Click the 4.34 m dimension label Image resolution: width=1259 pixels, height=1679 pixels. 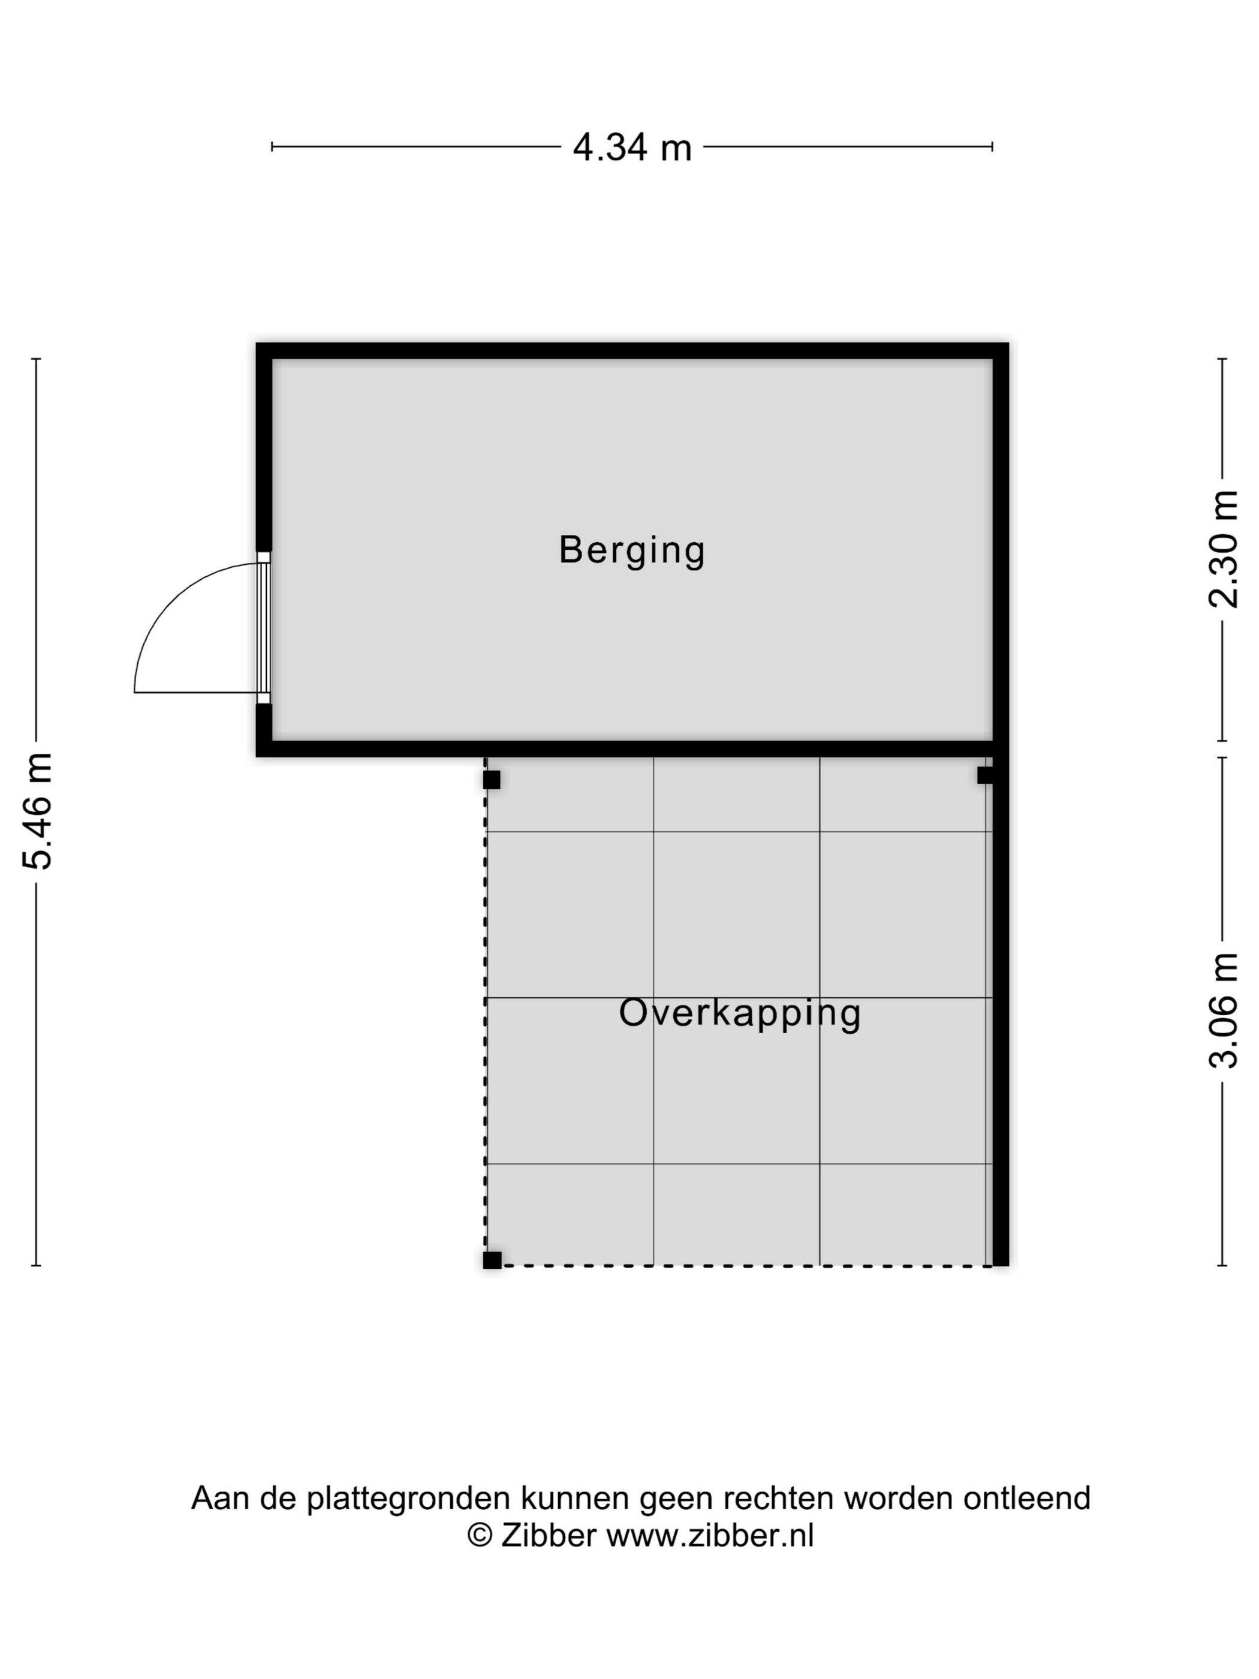[x=631, y=148]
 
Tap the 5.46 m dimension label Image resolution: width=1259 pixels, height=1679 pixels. [x=37, y=811]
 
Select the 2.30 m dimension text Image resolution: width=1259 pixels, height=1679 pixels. [x=1222, y=549]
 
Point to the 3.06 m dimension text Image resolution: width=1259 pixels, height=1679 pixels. [x=1222, y=1010]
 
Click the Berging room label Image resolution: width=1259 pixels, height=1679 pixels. [x=631, y=550]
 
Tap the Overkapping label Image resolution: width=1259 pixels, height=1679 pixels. [x=740, y=1014]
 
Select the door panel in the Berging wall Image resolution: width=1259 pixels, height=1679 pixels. [x=263, y=628]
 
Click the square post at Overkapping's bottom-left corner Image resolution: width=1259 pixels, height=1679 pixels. [x=492, y=1260]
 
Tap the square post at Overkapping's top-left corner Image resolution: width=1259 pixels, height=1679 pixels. [x=492, y=780]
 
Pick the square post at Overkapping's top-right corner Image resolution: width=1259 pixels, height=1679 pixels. [x=985, y=775]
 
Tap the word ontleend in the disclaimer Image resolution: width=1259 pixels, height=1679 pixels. [x=1027, y=1499]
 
